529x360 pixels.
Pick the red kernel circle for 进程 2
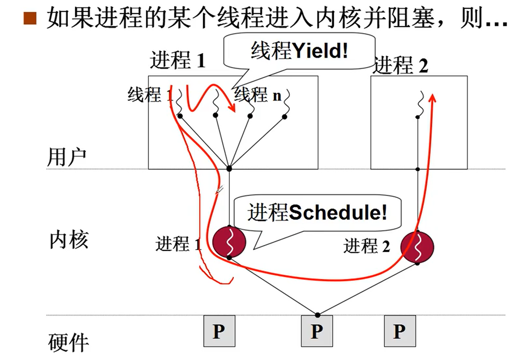point(418,247)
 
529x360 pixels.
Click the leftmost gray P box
point(219,331)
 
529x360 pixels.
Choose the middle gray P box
point(317,331)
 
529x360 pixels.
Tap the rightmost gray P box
point(399,331)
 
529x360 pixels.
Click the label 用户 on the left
point(67,158)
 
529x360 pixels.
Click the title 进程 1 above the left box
point(177,61)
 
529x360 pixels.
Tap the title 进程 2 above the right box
point(401,66)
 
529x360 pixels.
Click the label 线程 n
point(258,95)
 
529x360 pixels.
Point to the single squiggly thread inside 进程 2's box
point(420,104)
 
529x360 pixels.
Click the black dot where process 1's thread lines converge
point(229,168)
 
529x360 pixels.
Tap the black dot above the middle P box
point(318,314)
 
